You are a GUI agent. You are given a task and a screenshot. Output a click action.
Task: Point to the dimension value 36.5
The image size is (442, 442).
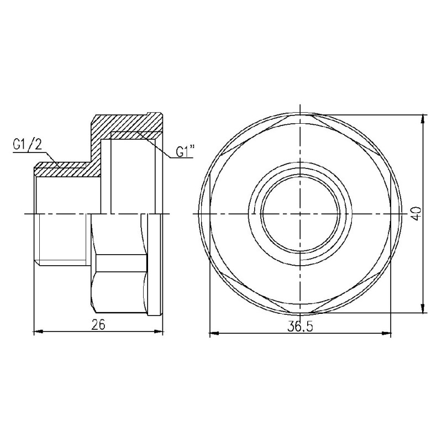click(x=300, y=327)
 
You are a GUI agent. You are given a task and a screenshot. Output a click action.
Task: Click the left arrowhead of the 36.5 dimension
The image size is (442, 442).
click(x=211, y=334)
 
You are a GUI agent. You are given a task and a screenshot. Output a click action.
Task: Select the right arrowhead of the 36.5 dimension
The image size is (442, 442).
click(x=388, y=334)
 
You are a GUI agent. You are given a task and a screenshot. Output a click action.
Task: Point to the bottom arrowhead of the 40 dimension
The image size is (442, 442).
click(x=423, y=310)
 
